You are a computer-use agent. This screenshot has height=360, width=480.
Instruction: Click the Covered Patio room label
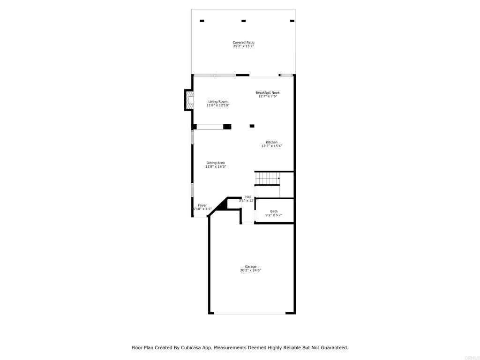243,43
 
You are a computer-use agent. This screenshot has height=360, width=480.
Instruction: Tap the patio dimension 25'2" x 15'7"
243,46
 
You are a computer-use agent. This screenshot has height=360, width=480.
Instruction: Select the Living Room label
218,102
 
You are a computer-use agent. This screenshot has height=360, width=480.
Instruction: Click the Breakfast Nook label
267,93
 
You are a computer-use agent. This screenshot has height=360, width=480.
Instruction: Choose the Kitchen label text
271,142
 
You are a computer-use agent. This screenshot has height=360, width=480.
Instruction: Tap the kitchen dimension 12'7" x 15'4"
271,146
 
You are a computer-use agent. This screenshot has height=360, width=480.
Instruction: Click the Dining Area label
216,163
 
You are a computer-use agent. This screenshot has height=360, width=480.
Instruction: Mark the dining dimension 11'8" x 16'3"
216,167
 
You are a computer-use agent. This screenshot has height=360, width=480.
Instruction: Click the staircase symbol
267,179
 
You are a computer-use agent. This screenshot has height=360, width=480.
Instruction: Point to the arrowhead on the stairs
279,179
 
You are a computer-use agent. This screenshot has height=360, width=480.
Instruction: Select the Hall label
248,197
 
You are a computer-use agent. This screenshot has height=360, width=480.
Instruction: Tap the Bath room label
274,211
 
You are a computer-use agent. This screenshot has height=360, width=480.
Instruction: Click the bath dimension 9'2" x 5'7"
274,215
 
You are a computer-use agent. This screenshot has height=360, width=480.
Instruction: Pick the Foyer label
202,205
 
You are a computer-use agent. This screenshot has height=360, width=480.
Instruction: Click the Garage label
250,267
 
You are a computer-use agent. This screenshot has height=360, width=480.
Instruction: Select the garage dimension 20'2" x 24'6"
250,270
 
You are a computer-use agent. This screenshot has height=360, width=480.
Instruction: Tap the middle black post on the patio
243,21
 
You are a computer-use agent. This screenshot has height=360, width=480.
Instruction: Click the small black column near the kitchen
252,126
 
